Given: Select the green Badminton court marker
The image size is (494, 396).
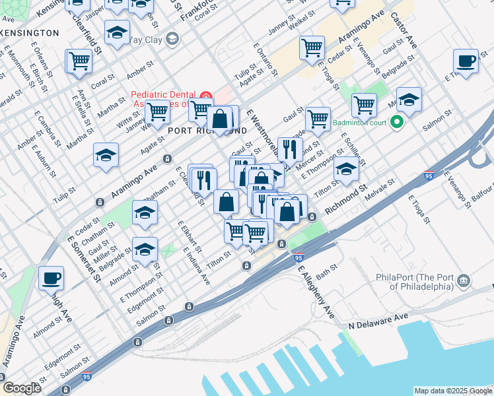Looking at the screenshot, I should point(396,121).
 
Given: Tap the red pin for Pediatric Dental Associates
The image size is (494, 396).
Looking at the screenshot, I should point(205,96).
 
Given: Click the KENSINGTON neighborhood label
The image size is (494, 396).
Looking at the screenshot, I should point(30,32).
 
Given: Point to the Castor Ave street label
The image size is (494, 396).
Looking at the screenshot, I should point(404,30).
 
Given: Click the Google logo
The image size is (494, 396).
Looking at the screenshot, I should point(22,387).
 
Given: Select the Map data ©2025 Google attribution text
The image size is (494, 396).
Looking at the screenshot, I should point(453,391).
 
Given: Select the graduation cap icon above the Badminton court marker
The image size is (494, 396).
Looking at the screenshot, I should point(409,100).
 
